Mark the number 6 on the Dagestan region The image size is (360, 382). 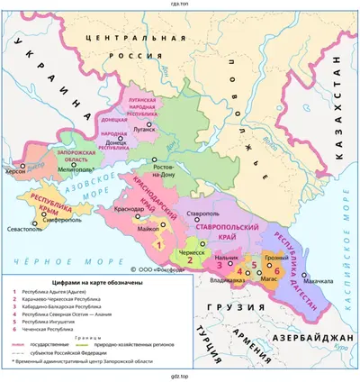click(x=276, y=269)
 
